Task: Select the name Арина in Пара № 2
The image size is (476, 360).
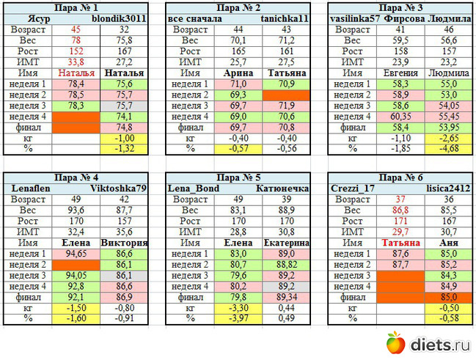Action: click(236, 74)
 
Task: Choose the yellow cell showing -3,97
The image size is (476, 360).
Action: click(236, 319)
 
